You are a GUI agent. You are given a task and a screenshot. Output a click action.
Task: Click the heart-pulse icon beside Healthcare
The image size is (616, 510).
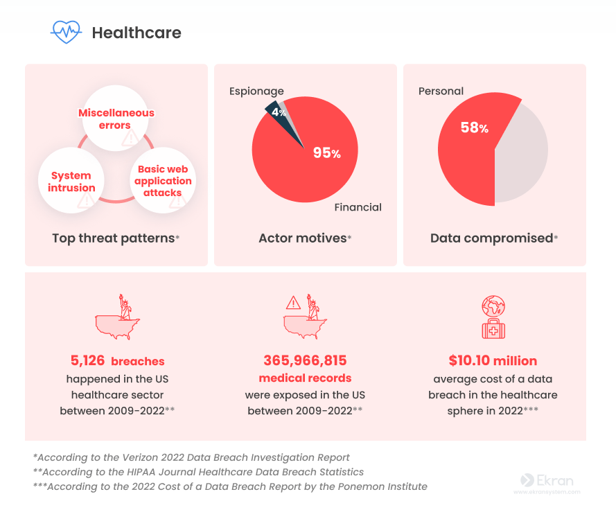[67, 32]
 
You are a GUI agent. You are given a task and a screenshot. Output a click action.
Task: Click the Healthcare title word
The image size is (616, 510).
[137, 33]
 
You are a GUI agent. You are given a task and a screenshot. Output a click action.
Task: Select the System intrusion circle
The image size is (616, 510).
[71, 182]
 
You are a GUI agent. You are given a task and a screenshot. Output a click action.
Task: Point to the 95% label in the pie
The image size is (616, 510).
[326, 153]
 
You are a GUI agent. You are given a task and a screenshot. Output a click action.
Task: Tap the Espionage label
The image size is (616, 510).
[256, 91]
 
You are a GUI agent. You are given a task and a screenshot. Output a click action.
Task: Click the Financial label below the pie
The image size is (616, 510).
[358, 207]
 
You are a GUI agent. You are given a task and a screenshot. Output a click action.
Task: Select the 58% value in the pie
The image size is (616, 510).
[475, 127]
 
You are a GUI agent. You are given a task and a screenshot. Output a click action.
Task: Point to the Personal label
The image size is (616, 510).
[441, 91]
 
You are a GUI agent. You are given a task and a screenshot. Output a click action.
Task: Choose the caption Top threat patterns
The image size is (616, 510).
[113, 238]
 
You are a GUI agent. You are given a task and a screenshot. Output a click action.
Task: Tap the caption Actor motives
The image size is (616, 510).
[302, 238]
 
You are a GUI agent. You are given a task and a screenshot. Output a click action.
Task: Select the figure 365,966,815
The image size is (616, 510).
[305, 360]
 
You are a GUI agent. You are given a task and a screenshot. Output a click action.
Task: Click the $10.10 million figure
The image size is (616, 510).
[493, 361]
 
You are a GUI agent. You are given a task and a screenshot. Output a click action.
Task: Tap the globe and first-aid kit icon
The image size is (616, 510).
[493, 318]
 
